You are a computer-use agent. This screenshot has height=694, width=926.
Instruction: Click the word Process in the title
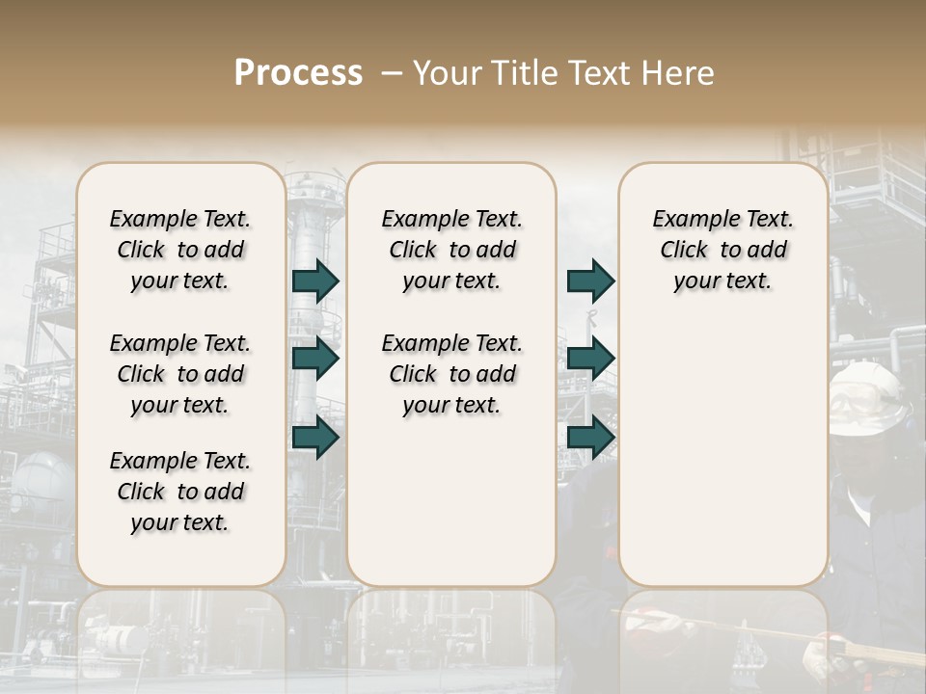[x=298, y=73]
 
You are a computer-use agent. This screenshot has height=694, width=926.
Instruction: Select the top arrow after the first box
[x=315, y=280]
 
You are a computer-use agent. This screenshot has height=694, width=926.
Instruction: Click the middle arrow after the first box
[x=315, y=359]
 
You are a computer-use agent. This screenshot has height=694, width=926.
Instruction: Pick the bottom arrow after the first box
[x=315, y=438]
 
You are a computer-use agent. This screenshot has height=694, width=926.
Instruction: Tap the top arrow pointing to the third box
[x=590, y=280]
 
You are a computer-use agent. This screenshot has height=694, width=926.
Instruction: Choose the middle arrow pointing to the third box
[x=590, y=359]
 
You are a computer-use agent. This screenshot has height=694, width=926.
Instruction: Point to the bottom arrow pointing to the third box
[x=590, y=438]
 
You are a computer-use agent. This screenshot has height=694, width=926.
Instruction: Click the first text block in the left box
[x=179, y=250]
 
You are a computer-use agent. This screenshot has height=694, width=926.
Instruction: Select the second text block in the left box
[x=179, y=374]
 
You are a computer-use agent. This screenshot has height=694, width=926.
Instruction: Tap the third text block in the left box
[x=179, y=492]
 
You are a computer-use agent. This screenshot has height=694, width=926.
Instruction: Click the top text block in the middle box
[x=451, y=250]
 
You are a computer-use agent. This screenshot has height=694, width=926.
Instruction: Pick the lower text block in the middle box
[x=451, y=374]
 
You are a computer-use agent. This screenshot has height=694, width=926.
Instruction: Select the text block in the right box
[x=722, y=250]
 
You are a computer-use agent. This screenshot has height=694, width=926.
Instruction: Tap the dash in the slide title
[x=392, y=73]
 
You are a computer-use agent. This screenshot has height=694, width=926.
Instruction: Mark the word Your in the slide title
[x=446, y=73]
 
